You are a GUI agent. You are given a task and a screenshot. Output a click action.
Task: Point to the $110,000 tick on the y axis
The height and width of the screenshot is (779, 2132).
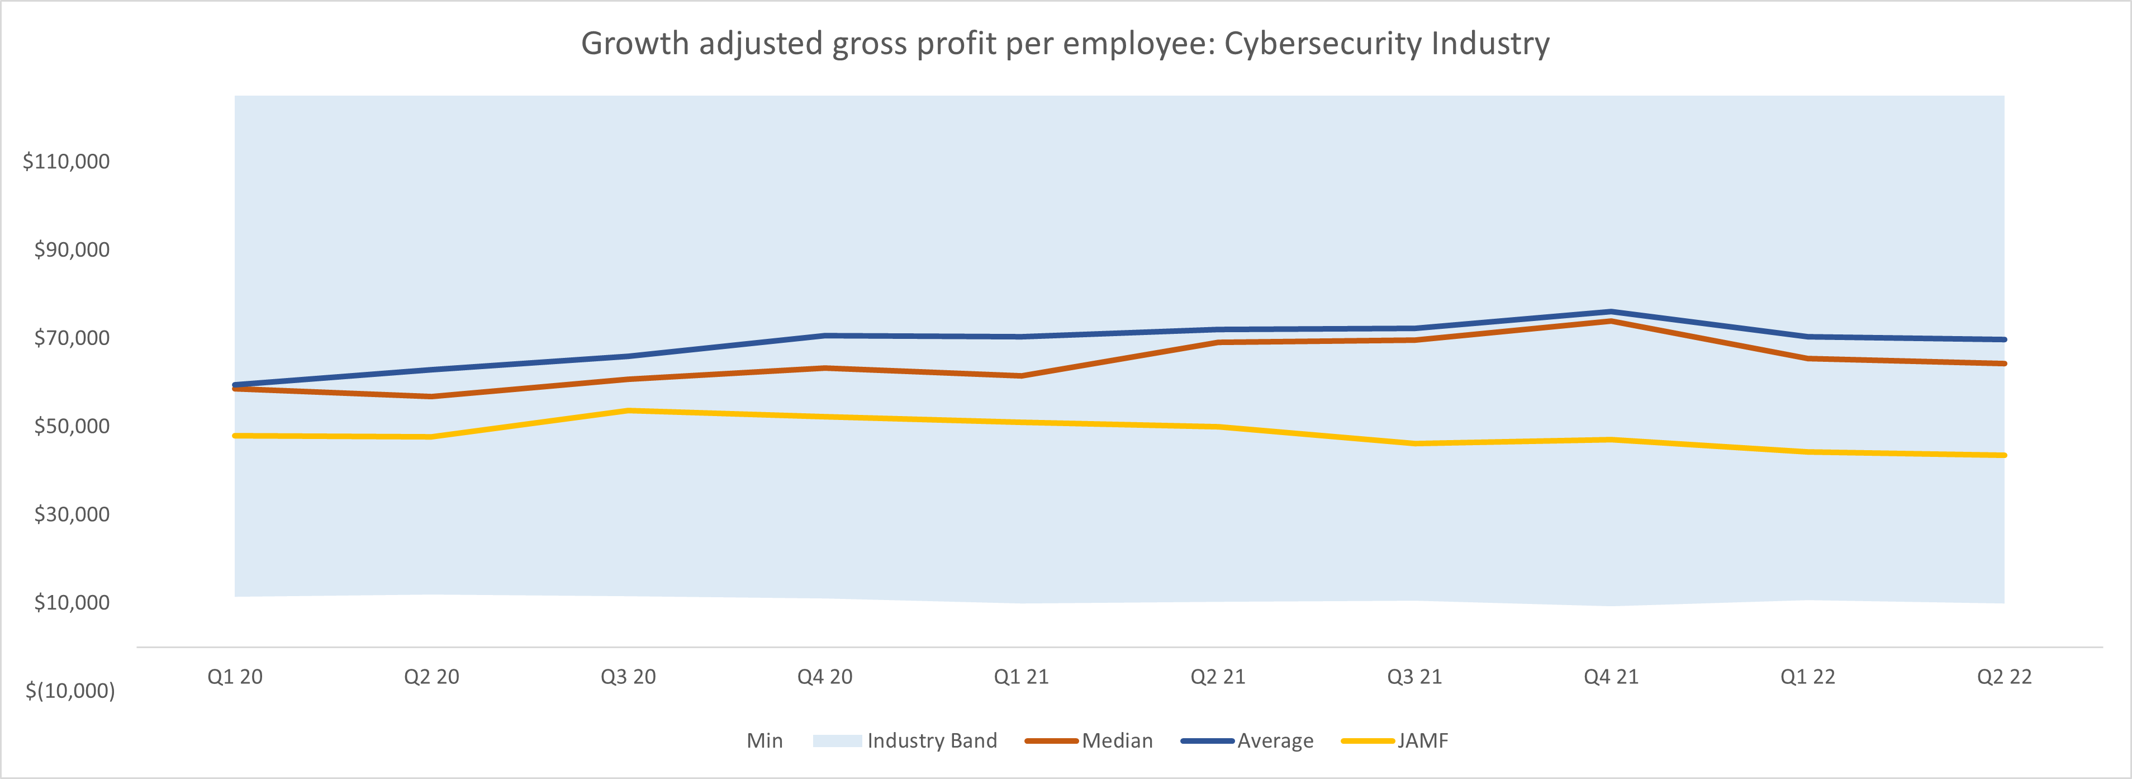66,162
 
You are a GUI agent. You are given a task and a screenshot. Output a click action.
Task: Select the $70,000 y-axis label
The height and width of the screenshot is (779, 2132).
71,338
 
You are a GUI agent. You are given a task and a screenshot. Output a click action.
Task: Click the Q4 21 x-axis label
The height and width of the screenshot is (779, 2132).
1611,677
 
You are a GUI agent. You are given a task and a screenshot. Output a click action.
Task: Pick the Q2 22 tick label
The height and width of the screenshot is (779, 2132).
2003,677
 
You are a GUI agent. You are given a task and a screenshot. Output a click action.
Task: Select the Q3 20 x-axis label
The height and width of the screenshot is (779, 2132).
628,677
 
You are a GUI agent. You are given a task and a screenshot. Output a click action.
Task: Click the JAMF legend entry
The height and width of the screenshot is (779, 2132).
1422,741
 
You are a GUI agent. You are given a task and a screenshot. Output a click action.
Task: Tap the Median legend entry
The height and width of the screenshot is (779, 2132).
1117,741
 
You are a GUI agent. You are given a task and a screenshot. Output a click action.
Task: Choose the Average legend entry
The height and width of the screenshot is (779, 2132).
1275,741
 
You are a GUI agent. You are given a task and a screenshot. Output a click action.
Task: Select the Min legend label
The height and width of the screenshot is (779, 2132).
764,741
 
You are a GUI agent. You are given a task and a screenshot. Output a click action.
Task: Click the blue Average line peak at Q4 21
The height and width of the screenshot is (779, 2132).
1611,312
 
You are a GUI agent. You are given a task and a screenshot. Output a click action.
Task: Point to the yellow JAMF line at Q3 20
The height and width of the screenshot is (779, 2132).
628,410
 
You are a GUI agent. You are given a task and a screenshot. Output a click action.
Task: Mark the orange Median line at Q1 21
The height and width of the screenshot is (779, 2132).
1022,376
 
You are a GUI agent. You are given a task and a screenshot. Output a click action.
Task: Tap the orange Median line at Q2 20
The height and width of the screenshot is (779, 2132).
431,396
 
